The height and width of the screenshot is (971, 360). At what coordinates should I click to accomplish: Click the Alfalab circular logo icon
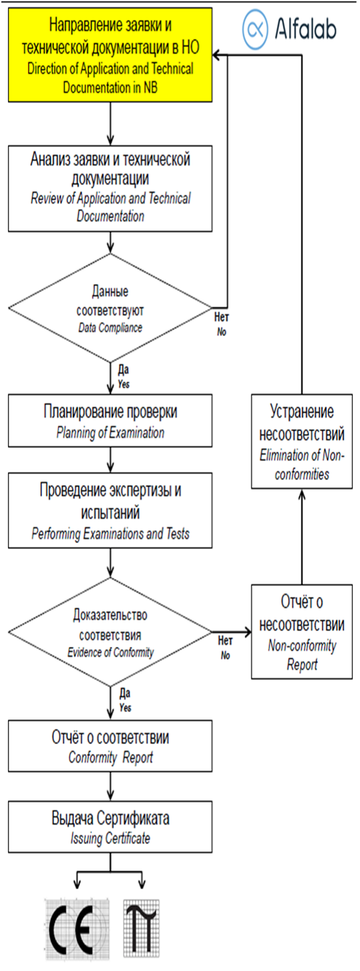(x=256, y=29)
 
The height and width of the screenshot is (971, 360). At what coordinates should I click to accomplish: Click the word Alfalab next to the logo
(x=306, y=29)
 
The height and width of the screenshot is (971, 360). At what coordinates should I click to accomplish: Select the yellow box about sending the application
(x=110, y=55)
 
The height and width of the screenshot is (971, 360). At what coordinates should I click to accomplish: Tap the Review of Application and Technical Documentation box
(x=110, y=188)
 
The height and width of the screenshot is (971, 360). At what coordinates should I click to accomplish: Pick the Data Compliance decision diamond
(x=110, y=307)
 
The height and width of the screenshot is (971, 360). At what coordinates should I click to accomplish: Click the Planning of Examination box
(x=110, y=421)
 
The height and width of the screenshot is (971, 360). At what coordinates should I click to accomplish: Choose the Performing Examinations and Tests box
(x=110, y=510)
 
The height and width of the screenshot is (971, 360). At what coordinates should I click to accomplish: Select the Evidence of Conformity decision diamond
(x=110, y=632)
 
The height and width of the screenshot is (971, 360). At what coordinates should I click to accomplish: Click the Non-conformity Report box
(x=302, y=632)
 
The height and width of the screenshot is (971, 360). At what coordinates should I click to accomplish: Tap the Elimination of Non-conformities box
(x=302, y=442)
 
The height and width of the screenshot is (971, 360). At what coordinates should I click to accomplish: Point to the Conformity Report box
(x=110, y=746)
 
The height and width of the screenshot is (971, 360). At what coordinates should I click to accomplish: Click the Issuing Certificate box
(x=110, y=827)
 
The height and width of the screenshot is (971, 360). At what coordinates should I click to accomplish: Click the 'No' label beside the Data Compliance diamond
(x=222, y=325)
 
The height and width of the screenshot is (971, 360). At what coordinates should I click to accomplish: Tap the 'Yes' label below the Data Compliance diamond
(x=124, y=377)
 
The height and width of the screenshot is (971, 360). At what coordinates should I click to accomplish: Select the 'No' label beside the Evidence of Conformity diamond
(x=226, y=648)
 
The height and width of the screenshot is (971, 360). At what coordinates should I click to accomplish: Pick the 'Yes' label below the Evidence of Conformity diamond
(x=125, y=701)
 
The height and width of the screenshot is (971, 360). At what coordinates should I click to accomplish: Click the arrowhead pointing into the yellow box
(x=217, y=55)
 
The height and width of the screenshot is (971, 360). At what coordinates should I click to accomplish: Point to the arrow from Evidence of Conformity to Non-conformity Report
(x=232, y=632)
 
